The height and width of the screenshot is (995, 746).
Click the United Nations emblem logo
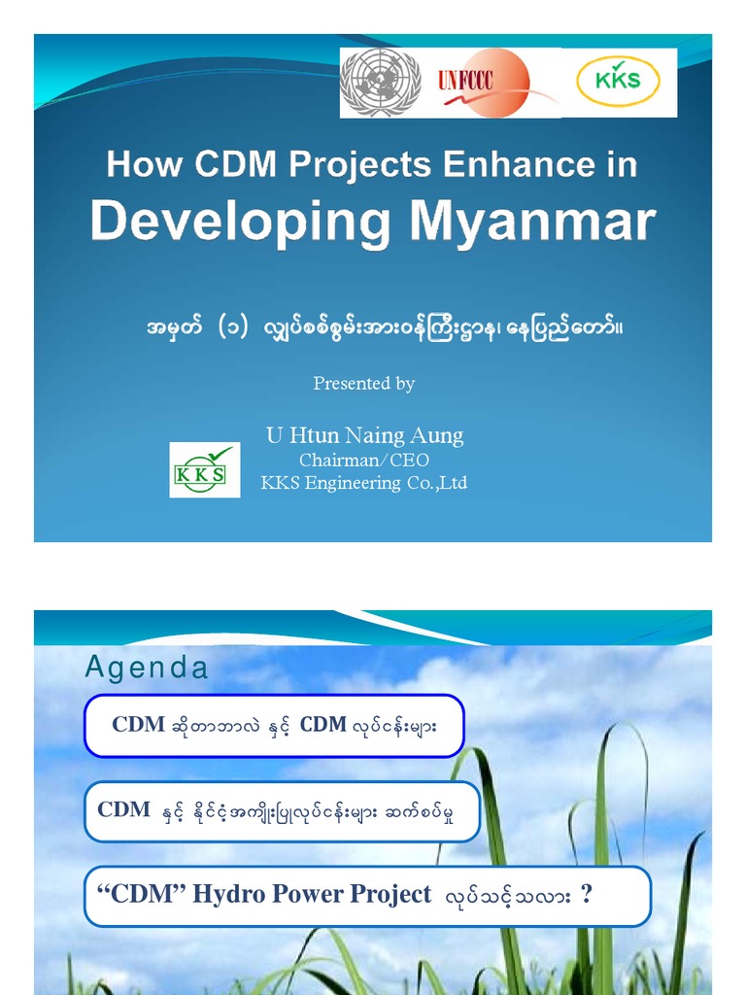point(380,83)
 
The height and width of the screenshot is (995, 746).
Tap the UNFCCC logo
point(495,83)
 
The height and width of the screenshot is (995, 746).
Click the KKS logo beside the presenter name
point(204,469)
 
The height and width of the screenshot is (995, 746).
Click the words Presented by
point(363,384)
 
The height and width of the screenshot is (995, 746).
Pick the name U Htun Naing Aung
point(364,435)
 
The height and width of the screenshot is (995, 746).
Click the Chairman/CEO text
point(363,460)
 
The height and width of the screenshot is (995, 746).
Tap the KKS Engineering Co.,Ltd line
point(363,483)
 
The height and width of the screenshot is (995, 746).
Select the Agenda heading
point(147,668)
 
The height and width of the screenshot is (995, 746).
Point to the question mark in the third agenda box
point(586,894)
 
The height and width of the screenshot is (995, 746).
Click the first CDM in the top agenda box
point(138,725)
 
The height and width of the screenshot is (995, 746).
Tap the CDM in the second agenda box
point(124,809)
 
